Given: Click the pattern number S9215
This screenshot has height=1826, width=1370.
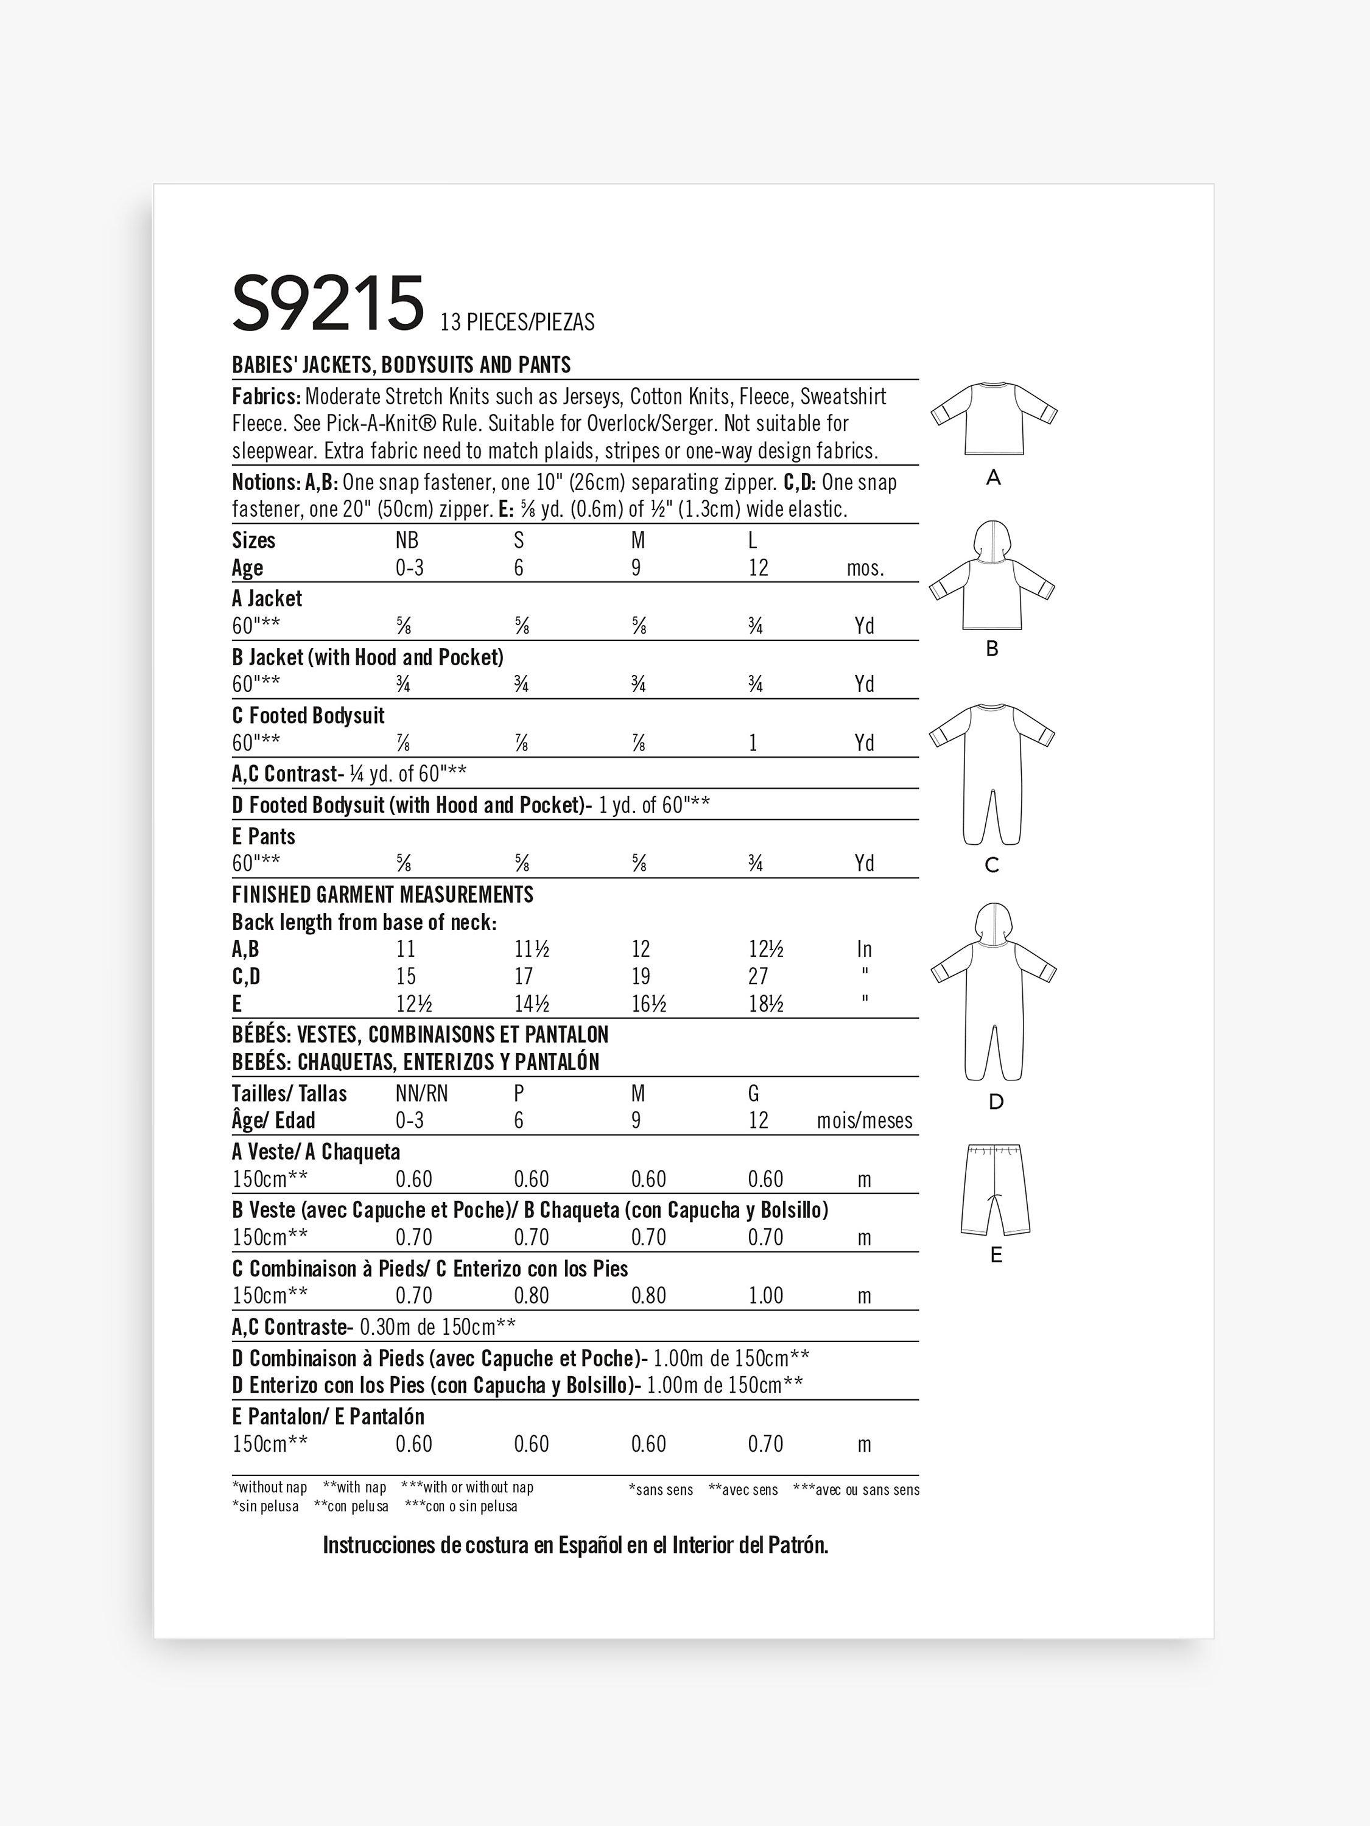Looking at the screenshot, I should coord(328,304).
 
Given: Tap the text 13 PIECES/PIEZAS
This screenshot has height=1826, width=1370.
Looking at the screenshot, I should coord(517,322).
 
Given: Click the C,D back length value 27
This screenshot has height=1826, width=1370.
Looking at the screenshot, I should coord(758,976).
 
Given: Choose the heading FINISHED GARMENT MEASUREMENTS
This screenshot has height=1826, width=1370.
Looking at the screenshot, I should coord(382,895).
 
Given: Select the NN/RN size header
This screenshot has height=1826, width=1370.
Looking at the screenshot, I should coord(422,1094).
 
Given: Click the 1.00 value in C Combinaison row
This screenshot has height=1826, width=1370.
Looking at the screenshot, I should coord(765,1295).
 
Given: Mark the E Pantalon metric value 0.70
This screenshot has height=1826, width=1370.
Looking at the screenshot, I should coord(765,1444).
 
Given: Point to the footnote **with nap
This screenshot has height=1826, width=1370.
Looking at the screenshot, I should coord(354,1488).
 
